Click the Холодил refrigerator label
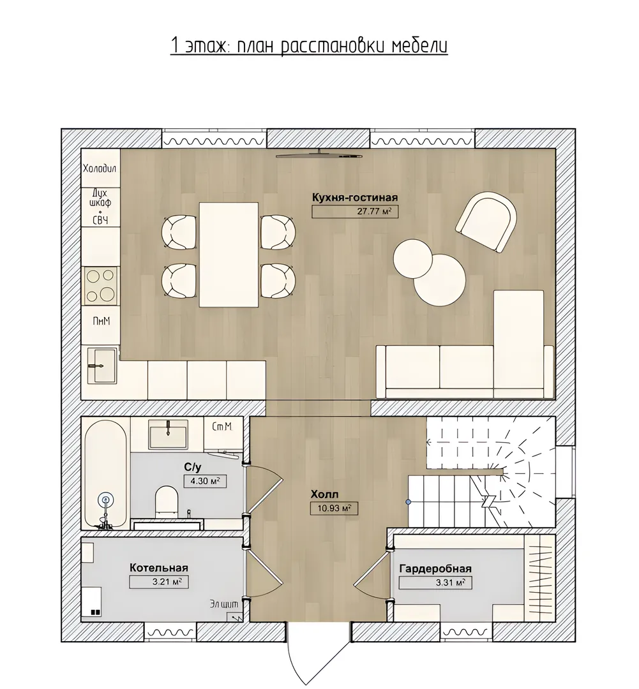point(100,168)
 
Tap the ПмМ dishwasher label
point(101,321)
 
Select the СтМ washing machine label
point(222,426)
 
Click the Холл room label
point(325,494)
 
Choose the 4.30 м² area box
point(205,481)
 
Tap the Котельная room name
point(159,568)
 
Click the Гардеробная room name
point(435,568)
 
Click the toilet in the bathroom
point(167,500)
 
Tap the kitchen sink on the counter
point(102,366)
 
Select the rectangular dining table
point(229,255)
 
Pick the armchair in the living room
point(486,223)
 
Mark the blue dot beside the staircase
point(408,501)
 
